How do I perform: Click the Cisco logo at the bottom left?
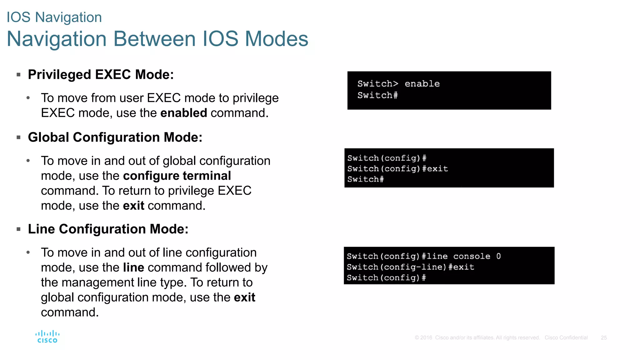click(x=47, y=337)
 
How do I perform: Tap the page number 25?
click(x=603, y=338)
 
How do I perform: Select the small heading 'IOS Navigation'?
click(x=54, y=17)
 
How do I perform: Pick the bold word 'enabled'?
click(x=183, y=113)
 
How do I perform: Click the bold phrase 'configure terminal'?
click(x=177, y=176)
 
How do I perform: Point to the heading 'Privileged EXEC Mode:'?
click(x=101, y=75)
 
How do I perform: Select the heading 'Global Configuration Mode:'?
click(x=115, y=137)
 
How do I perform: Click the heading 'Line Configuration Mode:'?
click(x=108, y=229)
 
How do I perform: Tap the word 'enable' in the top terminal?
click(x=422, y=84)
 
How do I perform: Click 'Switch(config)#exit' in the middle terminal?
click(x=397, y=169)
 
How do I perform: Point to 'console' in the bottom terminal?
click(x=472, y=256)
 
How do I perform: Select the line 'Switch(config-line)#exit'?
click(x=410, y=267)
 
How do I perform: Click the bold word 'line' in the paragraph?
click(x=133, y=268)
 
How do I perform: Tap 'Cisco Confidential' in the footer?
click(x=566, y=338)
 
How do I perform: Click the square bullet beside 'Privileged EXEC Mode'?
click(x=18, y=75)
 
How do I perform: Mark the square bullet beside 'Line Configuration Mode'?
click(x=18, y=229)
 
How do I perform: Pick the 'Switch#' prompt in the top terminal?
click(x=377, y=95)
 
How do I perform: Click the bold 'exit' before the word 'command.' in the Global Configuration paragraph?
click(x=133, y=206)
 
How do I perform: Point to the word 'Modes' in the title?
click(x=277, y=39)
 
